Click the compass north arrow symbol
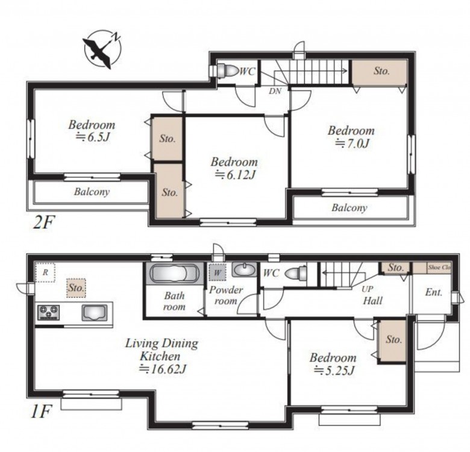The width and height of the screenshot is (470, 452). tap(102, 49)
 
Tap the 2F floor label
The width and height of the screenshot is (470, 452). tap(43, 222)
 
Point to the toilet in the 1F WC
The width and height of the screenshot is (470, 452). tap(295, 273)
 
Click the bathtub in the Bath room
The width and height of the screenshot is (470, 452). tap(174, 273)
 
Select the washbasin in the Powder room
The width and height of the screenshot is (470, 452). tap(244, 269)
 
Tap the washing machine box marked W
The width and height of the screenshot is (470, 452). tap(218, 272)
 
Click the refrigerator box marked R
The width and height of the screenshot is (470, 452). tap(45, 272)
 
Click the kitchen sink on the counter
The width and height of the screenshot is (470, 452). tap(95, 313)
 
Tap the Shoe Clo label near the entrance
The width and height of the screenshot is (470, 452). tap(439, 268)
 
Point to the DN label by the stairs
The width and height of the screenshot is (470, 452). tap(275, 91)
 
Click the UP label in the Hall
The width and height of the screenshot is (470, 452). tap(367, 289)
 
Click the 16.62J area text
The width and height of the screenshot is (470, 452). tap(168, 369)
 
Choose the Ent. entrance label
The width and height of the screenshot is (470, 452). tap(433, 292)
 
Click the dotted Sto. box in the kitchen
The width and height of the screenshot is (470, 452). tap(76, 288)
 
